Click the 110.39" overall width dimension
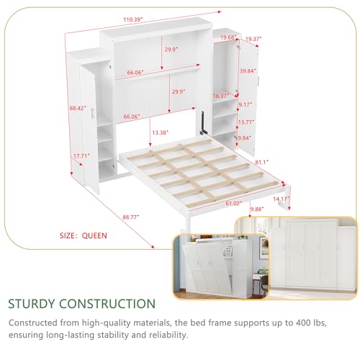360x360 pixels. click(133, 19)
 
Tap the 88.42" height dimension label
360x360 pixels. click(78, 108)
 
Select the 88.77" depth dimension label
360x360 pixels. click(131, 217)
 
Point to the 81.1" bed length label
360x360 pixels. click(261, 162)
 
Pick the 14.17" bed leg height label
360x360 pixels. click(282, 199)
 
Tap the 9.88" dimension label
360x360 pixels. click(257, 209)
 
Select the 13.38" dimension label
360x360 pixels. click(160, 132)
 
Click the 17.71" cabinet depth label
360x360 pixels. click(81, 156)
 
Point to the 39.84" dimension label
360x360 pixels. click(248, 71)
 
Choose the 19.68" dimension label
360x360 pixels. click(229, 37)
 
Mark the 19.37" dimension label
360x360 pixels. click(253, 39)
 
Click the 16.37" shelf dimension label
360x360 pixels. click(221, 96)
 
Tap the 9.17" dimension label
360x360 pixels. click(246, 104)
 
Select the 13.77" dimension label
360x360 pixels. click(246, 122)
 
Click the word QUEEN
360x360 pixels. click(94, 235)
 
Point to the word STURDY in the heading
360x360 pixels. click(32, 304)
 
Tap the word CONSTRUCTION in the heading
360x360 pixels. click(107, 304)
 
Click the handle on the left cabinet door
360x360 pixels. click(93, 113)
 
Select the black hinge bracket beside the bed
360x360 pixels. click(203, 123)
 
